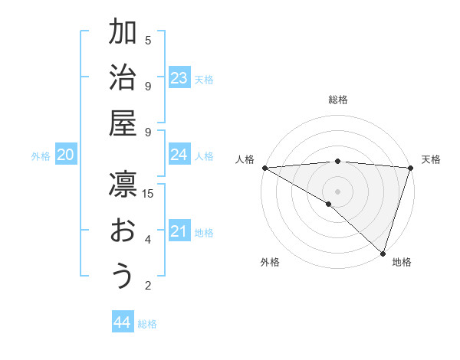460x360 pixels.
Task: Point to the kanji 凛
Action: (x=123, y=186)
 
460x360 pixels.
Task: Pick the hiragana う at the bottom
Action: (x=123, y=277)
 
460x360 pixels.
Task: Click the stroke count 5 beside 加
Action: (x=148, y=41)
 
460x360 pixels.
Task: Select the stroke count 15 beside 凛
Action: (x=148, y=193)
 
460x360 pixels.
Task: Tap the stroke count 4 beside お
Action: (x=148, y=240)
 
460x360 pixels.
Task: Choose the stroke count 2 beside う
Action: (x=148, y=286)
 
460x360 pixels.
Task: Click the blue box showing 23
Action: (x=179, y=78)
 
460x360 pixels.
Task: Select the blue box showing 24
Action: (x=179, y=155)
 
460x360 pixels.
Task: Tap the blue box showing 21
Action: (x=179, y=231)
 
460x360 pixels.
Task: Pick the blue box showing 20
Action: (x=66, y=155)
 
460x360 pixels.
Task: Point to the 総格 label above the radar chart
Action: (x=338, y=100)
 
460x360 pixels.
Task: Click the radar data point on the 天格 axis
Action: (x=409, y=169)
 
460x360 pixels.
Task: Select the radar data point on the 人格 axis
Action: (x=264, y=168)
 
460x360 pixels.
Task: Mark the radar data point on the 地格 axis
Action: (x=383, y=253)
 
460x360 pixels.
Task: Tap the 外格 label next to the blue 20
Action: (x=41, y=156)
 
